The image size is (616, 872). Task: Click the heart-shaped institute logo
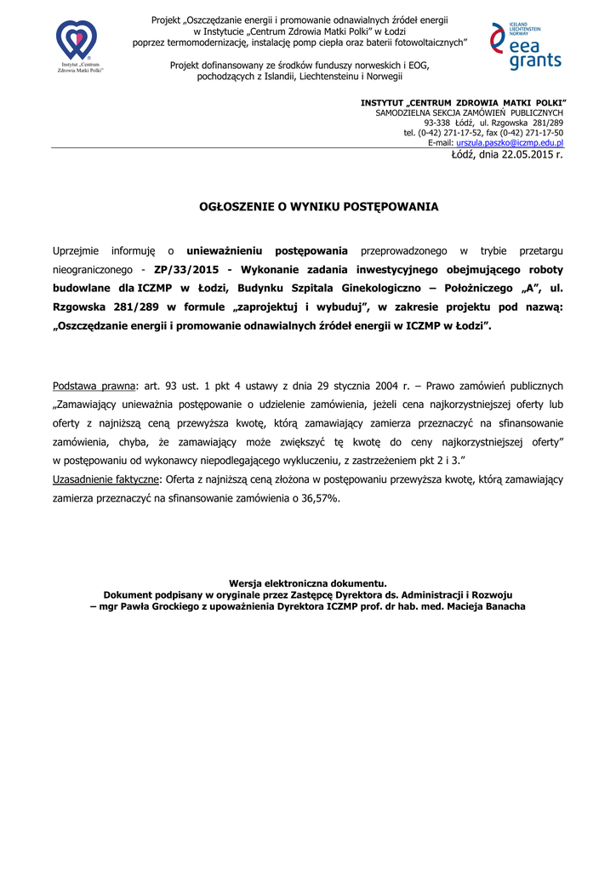(77, 40)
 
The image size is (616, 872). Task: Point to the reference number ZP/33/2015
(187, 269)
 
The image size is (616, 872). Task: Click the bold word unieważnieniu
(225, 251)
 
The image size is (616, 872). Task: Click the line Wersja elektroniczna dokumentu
(307, 583)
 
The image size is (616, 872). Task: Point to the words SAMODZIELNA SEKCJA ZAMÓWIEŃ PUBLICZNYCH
(469, 112)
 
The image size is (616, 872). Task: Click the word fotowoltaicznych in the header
(423, 42)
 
